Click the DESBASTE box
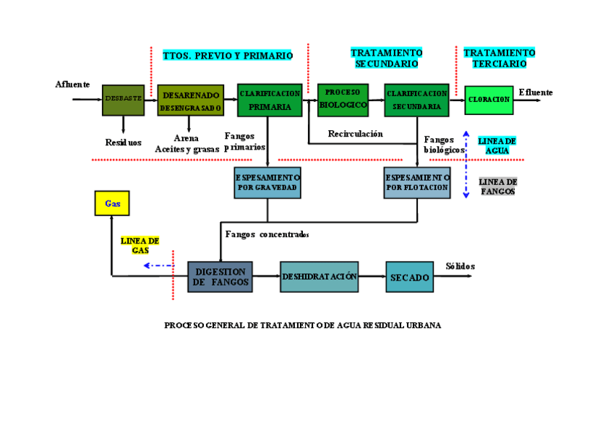123,100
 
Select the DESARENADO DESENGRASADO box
190,100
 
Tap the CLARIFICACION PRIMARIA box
269,100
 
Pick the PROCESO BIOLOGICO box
343,100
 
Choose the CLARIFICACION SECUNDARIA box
416,100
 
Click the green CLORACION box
489,100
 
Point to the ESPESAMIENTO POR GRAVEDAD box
267,183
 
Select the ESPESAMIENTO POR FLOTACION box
417,183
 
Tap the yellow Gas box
112,203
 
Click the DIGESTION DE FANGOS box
220,277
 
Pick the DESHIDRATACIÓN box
319,277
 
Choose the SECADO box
409,277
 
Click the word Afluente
73,85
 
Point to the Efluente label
536,93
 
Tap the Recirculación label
355,134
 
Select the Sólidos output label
460,266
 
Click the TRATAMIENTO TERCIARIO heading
500,59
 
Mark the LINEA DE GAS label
140,245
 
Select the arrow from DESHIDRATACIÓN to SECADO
372,276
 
